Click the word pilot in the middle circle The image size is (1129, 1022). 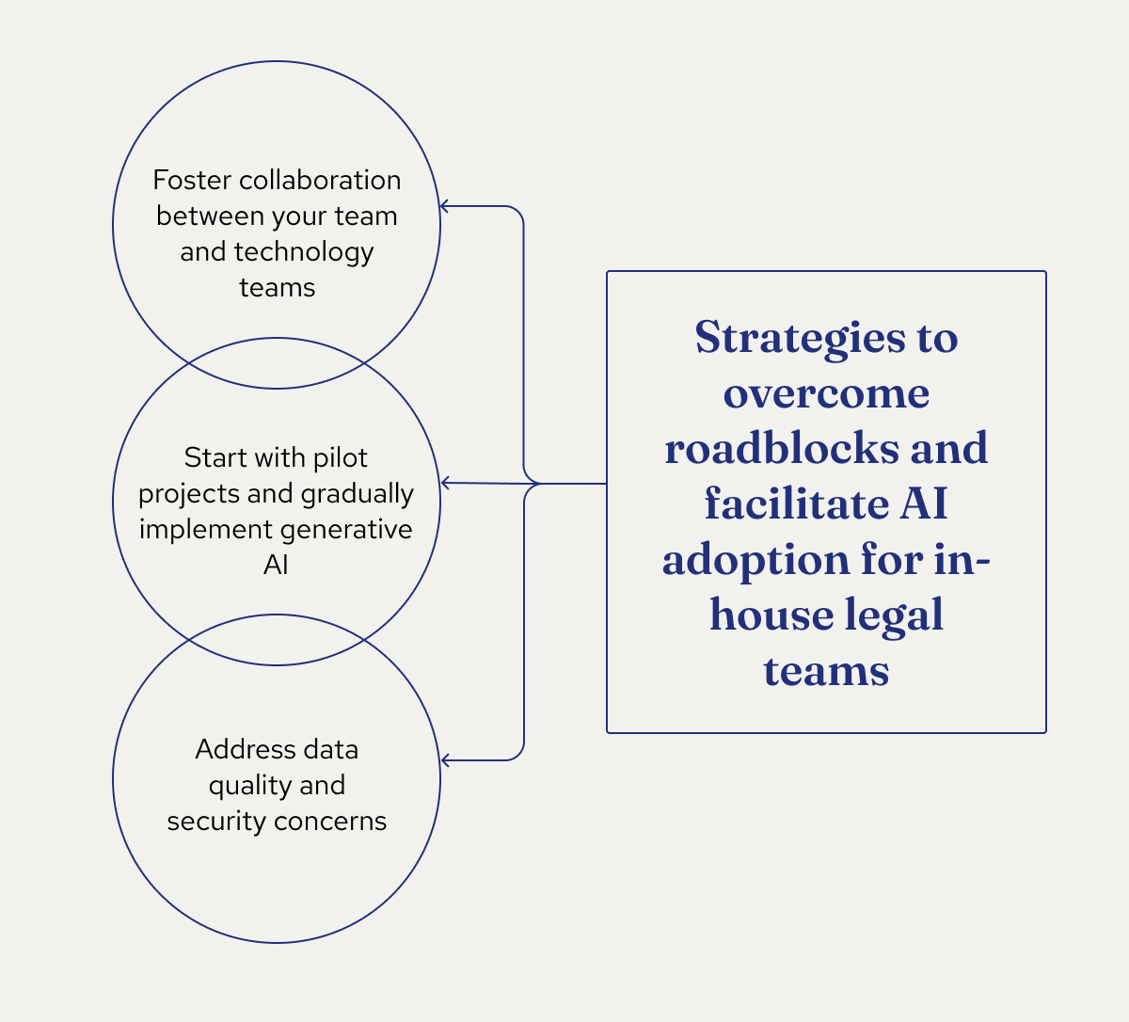coord(341,457)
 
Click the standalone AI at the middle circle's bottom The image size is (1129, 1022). coord(276,565)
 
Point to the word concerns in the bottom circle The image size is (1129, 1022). coord(330,822)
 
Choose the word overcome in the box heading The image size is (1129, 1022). coord(826,392)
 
